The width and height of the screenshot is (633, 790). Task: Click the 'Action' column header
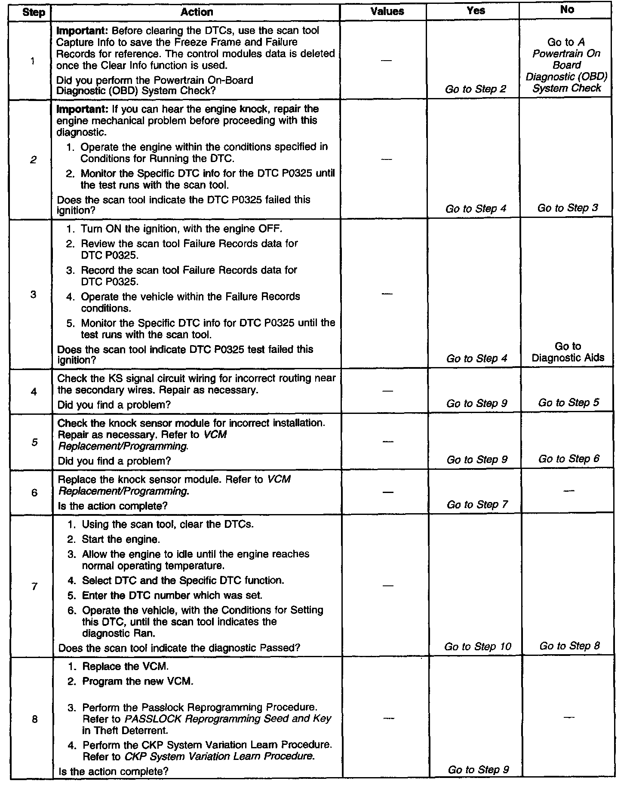[197, 12]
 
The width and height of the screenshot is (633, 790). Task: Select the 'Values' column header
[387, 12]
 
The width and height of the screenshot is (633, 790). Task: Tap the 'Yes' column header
[476, 11]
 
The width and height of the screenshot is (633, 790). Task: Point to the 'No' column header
[567, 10]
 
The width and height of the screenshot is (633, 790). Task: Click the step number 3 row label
[33, 294]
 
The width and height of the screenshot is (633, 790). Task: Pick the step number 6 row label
[34, 493]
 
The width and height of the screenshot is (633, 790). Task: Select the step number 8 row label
[35, 719]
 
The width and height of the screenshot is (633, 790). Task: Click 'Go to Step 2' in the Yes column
[476, 89]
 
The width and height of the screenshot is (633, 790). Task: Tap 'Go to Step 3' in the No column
[568, 208]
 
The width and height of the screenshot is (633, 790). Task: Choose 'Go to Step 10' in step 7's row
[478, 646]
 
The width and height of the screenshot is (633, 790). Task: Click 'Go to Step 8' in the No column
[569, 646]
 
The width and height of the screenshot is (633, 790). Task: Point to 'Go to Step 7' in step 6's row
[477, 504]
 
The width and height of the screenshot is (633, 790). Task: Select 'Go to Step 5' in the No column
[568, 403]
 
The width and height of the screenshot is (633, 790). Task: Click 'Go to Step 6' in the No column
[569, 459]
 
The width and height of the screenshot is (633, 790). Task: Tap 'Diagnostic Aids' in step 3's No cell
[568, 358]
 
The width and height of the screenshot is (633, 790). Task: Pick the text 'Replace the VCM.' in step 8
[125, 666]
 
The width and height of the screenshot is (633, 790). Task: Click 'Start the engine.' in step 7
[121, 539]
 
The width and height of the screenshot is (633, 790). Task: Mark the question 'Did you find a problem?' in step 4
[114, 404]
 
